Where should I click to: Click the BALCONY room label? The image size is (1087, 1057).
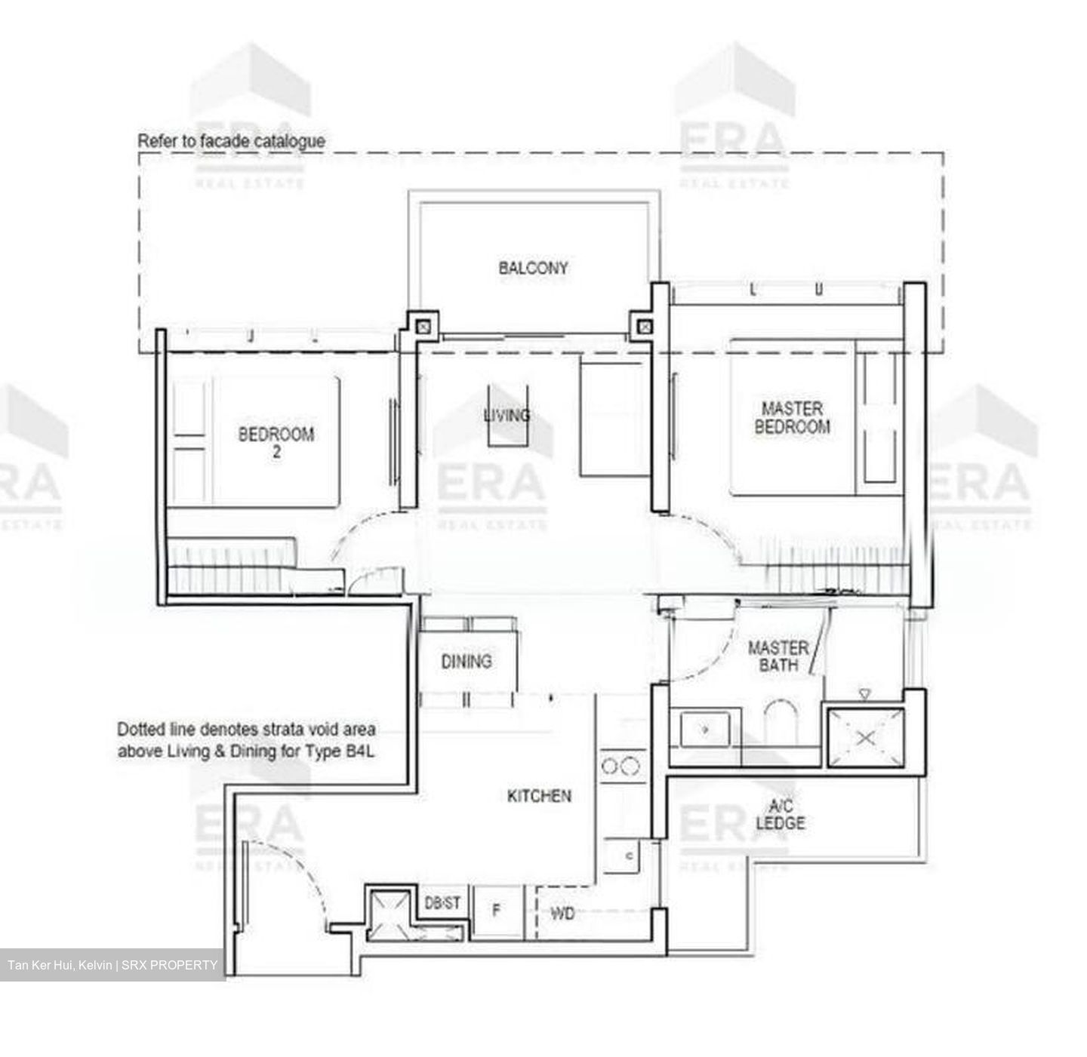[533, 268]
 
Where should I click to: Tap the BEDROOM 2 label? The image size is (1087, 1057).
[276, 442]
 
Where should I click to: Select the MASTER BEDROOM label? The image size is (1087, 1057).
[792, 417]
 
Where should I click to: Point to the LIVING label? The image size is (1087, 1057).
[507, 415]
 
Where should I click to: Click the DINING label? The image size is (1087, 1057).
[467, 662]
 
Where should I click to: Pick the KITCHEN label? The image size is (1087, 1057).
[539, 796]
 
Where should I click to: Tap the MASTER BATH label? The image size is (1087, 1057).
[778, 656]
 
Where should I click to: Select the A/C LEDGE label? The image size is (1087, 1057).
[781, 814]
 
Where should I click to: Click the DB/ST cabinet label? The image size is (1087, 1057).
[442, 903]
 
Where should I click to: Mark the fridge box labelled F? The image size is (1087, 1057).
[497, 911]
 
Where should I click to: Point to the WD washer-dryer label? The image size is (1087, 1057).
[562, 914]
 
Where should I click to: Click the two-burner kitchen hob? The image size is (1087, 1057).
[621, 767]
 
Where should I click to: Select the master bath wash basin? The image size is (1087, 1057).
[705, 729]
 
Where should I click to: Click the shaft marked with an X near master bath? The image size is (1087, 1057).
[866, 737]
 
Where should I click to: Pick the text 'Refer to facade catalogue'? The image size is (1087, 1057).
[231, 141]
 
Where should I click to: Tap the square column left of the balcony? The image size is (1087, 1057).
[423, 326]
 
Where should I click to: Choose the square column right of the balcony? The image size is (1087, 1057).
[645, 326]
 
